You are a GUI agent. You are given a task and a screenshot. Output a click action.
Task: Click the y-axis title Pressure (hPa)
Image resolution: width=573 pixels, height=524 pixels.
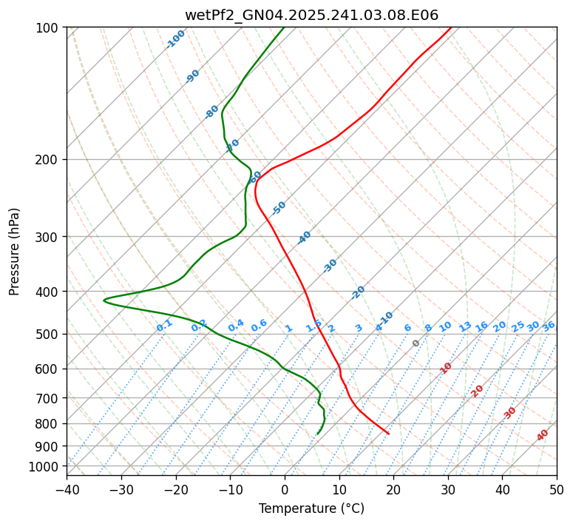[x=15, y=251]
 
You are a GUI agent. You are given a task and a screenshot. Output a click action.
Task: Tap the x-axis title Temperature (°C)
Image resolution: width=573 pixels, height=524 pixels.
[x=311, y=508]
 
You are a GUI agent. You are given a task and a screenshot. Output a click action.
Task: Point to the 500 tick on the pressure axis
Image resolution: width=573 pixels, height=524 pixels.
[x=50, y=335]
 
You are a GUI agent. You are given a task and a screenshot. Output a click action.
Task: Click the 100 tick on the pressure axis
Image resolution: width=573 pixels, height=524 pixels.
[x=50, y=28]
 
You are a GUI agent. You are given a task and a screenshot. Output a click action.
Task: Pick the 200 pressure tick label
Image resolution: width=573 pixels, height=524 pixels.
[x=50, y=160]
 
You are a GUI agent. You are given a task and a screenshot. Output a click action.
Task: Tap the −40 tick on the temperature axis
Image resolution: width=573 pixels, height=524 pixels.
[x=67, y=490]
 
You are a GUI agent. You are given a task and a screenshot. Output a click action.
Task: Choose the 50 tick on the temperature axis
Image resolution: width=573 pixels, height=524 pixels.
[x=557, y=490]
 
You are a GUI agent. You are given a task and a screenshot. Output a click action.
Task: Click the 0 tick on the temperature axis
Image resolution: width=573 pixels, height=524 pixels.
[x=285, y=490]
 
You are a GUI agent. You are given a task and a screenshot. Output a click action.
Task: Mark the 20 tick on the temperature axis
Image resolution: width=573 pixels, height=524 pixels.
[x=393, y=490]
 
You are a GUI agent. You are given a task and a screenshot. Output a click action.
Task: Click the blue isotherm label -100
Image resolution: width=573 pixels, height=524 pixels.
[x=175, y=39]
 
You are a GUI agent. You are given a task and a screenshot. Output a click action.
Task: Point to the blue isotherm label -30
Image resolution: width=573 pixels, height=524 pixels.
[x=330, y=266]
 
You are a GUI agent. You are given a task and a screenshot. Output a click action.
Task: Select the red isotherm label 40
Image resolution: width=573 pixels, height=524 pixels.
[x=543, y=435]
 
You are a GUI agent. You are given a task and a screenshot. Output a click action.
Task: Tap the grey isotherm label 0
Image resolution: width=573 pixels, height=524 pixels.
[x=416, y=343]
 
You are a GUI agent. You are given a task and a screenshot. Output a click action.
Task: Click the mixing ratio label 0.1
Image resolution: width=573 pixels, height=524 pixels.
[x=164, y=325]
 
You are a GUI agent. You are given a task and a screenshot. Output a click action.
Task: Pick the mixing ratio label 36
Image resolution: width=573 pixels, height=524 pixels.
[x=549, y=326]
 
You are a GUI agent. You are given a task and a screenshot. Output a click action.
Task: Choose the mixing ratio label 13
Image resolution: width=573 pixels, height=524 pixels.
[x=465, y=326]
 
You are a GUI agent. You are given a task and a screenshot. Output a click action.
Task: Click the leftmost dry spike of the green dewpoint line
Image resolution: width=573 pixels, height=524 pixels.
[x=104, y=300]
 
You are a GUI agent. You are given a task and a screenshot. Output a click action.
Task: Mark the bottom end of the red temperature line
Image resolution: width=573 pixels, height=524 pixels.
[x=388, y=433]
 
